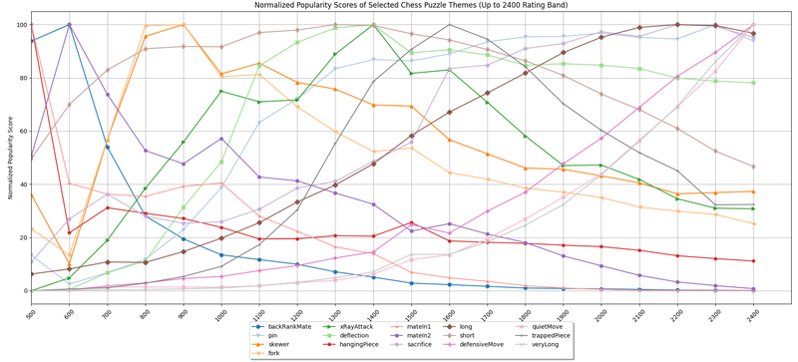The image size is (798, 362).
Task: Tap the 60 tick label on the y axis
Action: click(20, 131)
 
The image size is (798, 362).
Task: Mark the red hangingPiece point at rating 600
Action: click(69, 232)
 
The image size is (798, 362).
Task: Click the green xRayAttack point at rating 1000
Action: click(221, 92)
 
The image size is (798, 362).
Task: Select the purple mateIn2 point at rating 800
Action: click(146, 151)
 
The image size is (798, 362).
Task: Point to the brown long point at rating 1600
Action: click(449, 113)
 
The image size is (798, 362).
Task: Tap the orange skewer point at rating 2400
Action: click(752, 191)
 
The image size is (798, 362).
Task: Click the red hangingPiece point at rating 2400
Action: click(752, 261)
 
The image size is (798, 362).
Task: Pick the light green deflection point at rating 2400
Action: click(752, 83)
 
